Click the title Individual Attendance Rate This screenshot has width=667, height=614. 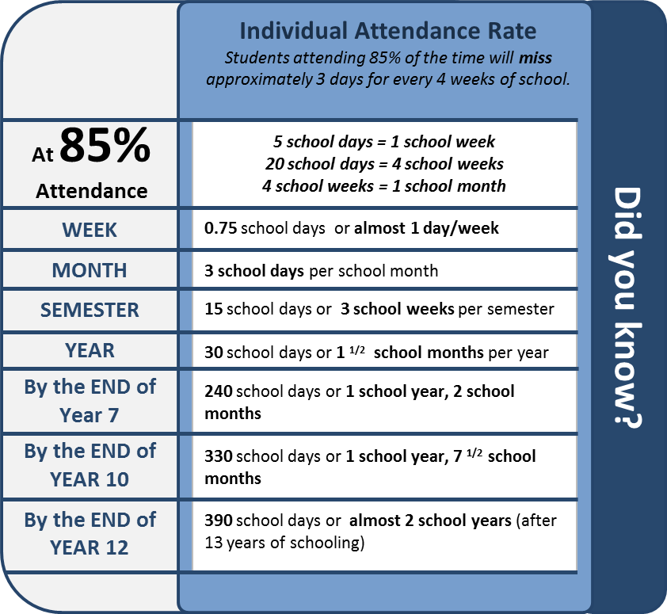click(x=388, y=31)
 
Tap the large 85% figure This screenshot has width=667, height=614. click(x=105, y=145)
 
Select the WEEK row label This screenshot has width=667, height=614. click(x=90, y=230)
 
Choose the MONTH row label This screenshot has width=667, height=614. click(x=90, y=270)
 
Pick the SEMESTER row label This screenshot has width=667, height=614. click(x=90, y=310)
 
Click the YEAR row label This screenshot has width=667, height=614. click(x=90, y=351)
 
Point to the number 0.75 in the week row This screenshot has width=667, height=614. click(x=220, y=228)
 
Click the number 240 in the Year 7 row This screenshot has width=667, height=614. click(x=218, y=391)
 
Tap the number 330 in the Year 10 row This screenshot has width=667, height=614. click(x=218, y=456)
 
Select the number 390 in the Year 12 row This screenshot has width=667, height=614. click(x=218, y=521)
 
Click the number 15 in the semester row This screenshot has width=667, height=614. click(x=214, y=309)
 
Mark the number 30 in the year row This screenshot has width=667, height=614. click(x=214, y=353)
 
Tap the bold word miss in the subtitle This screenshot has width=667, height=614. click(x=536, y=58)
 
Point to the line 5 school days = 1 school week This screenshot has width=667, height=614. click(x=384, y=142)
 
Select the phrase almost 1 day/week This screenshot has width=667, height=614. click(x=426, y=228)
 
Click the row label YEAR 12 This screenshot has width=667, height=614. click(x=89, y=547)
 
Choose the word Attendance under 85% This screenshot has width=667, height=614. click(x=91, y=191)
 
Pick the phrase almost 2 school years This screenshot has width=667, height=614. click(x=430, y=521)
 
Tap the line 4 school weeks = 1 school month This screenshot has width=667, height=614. click(x=384, y=186)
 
